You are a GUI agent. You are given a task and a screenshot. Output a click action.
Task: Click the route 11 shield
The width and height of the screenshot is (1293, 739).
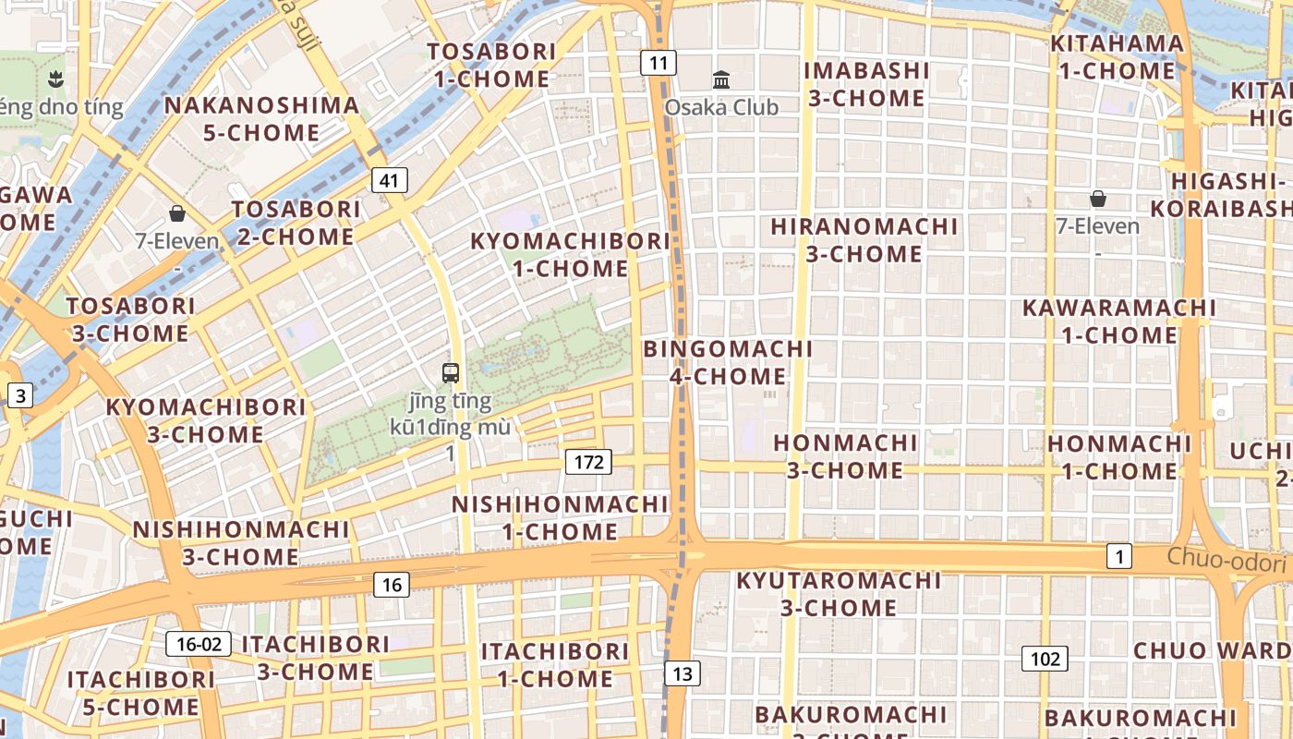point(659,63)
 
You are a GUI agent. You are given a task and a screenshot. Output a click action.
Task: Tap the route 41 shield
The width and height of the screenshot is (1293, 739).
point(390,180)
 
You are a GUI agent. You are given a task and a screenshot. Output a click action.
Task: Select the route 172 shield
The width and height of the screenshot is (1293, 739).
point(588,461)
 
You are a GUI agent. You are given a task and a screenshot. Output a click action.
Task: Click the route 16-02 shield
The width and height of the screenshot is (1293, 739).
point(199,643)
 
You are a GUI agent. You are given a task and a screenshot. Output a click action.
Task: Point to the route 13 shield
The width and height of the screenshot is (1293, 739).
point(683,673)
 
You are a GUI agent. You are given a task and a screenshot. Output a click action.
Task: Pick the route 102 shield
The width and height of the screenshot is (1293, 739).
point(1045,659)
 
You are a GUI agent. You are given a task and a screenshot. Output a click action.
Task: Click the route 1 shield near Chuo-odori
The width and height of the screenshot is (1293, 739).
point(1119,556)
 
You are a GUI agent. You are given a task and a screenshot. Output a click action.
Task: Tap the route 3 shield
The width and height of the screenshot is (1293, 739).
point(20,396)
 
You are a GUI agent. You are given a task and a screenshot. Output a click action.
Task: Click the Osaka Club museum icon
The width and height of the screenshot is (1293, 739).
point(721,79)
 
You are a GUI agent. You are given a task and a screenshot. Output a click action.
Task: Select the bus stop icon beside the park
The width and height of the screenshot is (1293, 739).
point(451,373)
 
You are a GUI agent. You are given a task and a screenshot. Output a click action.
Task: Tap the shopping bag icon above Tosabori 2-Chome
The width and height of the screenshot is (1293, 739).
point(177,213)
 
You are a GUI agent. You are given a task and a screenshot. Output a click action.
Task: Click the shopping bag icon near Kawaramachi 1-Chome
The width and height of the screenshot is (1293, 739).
point(1098,198)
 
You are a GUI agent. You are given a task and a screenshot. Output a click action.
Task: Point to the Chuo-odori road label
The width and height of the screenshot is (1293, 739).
point(1226,560)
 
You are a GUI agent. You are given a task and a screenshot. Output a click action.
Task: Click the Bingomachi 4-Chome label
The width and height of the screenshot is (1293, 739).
point(728,362)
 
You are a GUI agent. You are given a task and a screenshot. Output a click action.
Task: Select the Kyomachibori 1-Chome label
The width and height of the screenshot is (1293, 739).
point(571,255)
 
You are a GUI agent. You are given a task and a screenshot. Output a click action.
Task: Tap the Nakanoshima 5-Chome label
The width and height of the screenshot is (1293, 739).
point(261,118)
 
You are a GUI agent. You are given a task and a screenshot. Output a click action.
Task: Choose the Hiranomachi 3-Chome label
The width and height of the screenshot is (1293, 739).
point(864,239)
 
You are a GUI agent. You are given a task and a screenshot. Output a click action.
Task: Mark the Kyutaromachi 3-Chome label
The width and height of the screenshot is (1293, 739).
point(839,594)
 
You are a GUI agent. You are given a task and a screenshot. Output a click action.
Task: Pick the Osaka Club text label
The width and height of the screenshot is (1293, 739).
point(721,107)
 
